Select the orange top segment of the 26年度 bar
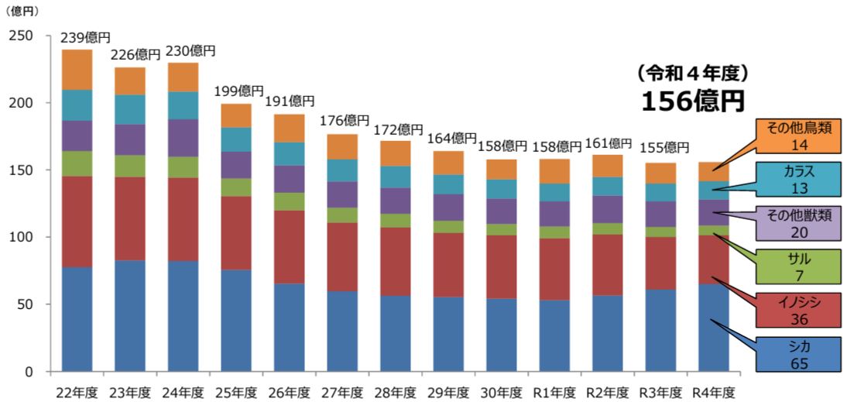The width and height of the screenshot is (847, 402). click(289, 128)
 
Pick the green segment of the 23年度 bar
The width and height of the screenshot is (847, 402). click(130, 166)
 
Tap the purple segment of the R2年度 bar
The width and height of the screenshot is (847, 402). click(608, 208)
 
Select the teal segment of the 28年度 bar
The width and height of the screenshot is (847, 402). click(395, 177)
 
